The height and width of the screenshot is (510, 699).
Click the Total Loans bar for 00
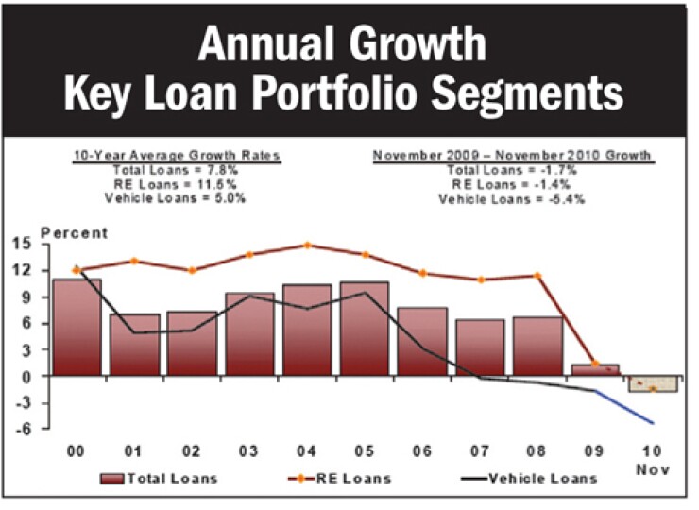[77, 327]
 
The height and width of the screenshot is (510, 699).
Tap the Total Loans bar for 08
[537, 346]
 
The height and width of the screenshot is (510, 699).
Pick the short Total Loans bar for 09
[594, 370]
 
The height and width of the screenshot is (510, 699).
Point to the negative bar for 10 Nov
[652, 383]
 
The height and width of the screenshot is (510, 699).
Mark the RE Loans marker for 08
[537, 276]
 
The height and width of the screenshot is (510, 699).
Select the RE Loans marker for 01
[134, 261]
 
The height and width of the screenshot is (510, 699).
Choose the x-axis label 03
[248, 451]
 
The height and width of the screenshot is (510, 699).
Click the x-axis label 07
[479, 451]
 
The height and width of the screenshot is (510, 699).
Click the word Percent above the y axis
[75, 233]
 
